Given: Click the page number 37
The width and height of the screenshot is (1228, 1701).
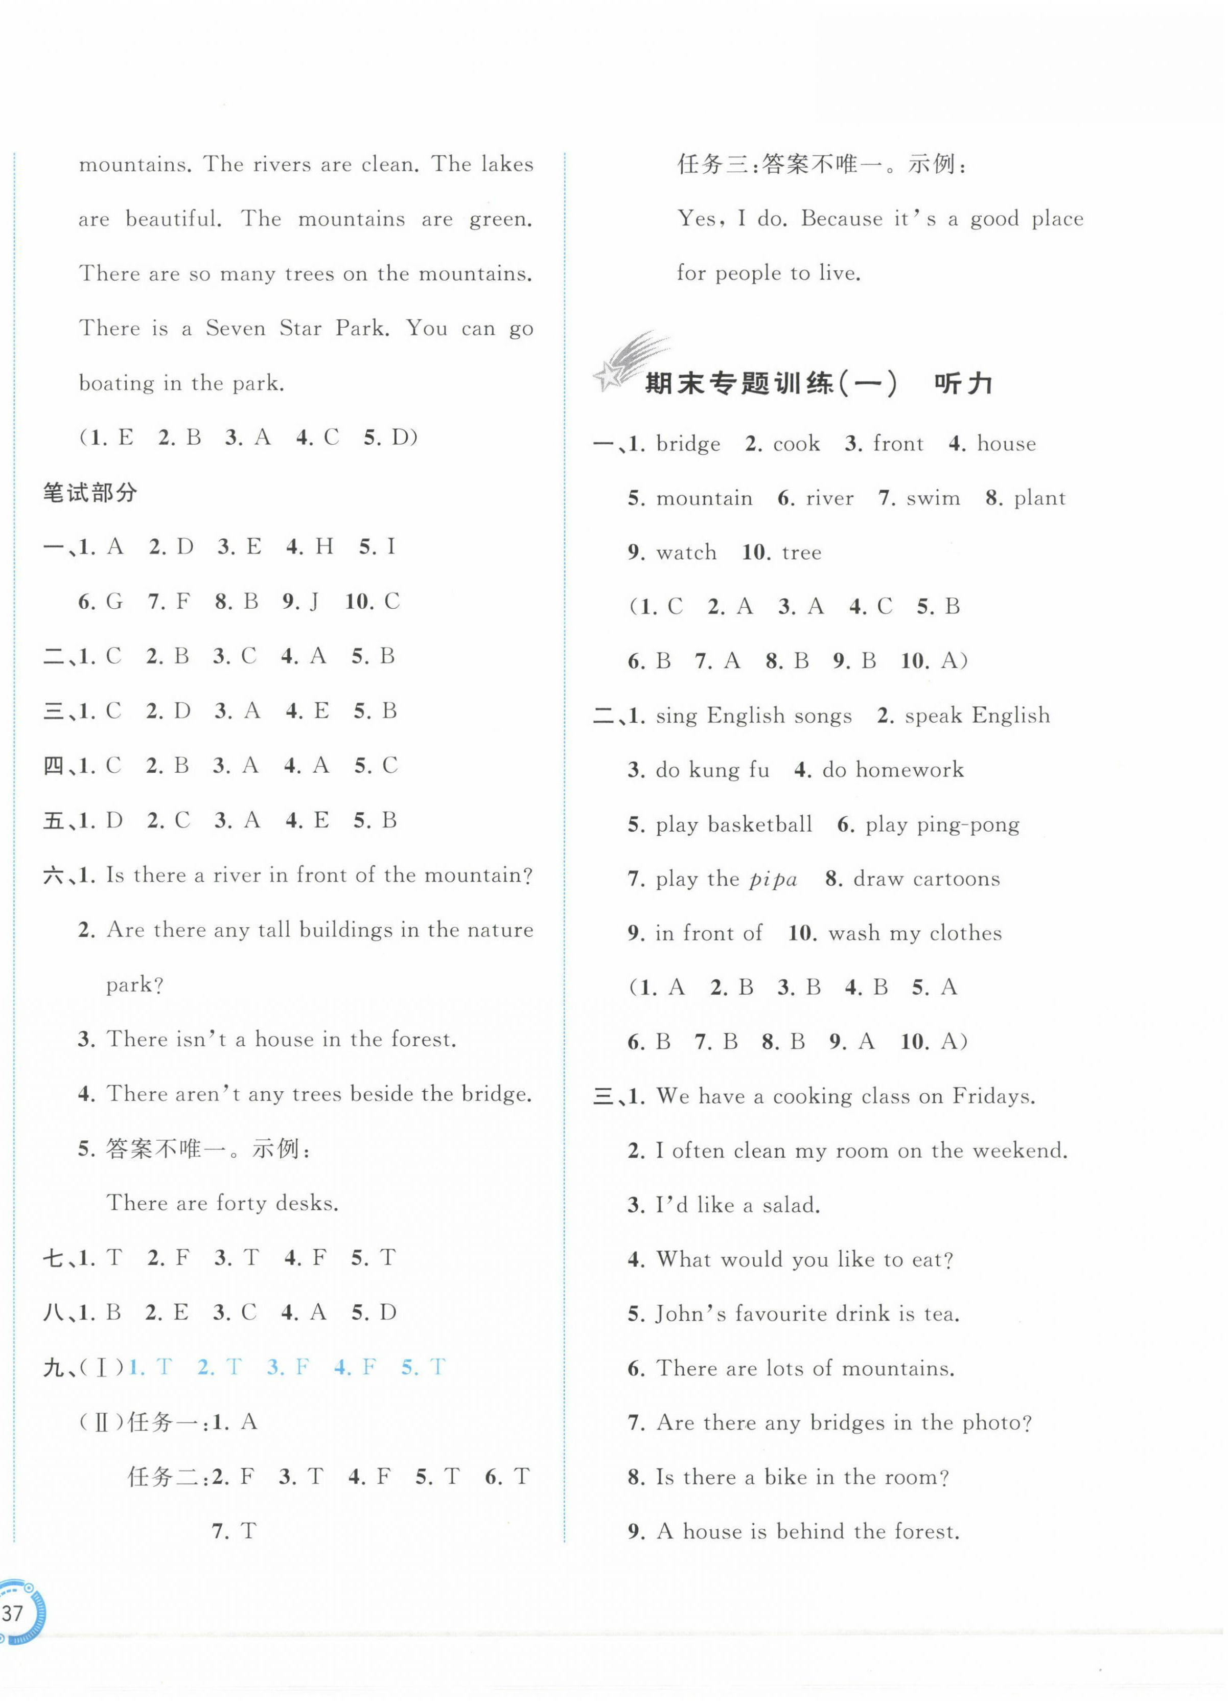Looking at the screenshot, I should click(x=13, y=1613).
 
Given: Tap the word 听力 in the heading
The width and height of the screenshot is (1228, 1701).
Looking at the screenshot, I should click(x=963, y=383).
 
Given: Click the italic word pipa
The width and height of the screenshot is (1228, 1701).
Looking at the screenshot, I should click(x=773, y=879).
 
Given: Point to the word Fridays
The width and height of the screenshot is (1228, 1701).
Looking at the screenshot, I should click(x=993, y=1096).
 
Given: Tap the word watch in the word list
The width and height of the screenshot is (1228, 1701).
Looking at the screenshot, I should click(x=686, y=553).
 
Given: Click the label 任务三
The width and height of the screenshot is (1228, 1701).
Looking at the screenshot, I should click(x=714, y=164).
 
